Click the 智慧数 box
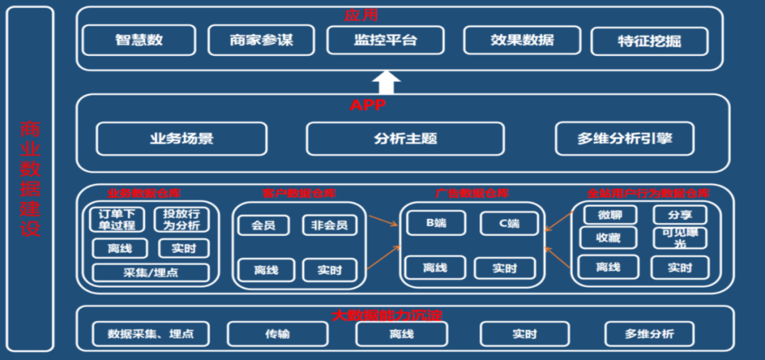[x=139, y=40]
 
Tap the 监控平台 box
[x=385, y=40]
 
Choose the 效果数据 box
[x=522, y=40]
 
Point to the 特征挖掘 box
[x=649, y=41]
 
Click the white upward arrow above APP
[x=386, y=82]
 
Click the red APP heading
[x=368, y=106]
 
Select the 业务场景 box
[x=181, y=139]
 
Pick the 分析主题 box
[x=405, y=139]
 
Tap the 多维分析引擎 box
[x=625, y=139]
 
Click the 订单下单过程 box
[x=117, y=220]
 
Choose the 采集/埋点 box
[x=151, y=273]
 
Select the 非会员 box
[x=329, y=226]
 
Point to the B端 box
[x=436, y=224]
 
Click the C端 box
[x=509, y=224]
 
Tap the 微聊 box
[x=609, y=215]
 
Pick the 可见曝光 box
[x=679, y=238]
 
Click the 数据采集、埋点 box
[x=151, y=334]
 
